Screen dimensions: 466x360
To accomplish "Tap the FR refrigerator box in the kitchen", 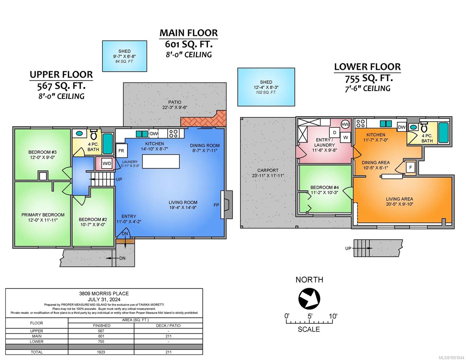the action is (x=122, y=151).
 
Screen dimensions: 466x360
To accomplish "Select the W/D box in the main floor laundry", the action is (x=107, y=163).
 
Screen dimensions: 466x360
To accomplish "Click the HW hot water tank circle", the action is (x=345, y=124).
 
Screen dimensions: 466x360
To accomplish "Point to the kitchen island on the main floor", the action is (x=161, y=161).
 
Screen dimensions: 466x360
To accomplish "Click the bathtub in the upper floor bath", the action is (x=108, y=144).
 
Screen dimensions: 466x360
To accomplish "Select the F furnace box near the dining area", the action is (x=410, y=167).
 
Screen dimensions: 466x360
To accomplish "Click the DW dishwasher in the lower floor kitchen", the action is (x=402, y=127).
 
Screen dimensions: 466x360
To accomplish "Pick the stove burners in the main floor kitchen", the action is (x=173, y=133).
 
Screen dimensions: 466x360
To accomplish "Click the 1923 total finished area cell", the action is (x=101, y=352).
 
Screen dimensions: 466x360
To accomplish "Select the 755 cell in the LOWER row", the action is (x=101, y=341).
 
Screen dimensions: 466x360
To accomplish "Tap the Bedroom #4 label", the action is (x=324, y=187).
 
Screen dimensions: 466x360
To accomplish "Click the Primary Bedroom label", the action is (x=43, y=215).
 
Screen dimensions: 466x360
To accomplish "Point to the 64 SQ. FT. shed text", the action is (x=125, y=61).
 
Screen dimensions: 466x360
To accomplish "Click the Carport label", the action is (x=268, y=170).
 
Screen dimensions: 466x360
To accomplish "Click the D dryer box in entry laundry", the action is (x=335, y=133).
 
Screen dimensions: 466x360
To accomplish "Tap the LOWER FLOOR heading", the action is (x=367, y=67).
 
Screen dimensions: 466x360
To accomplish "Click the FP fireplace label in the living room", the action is (x=216, y=205).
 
